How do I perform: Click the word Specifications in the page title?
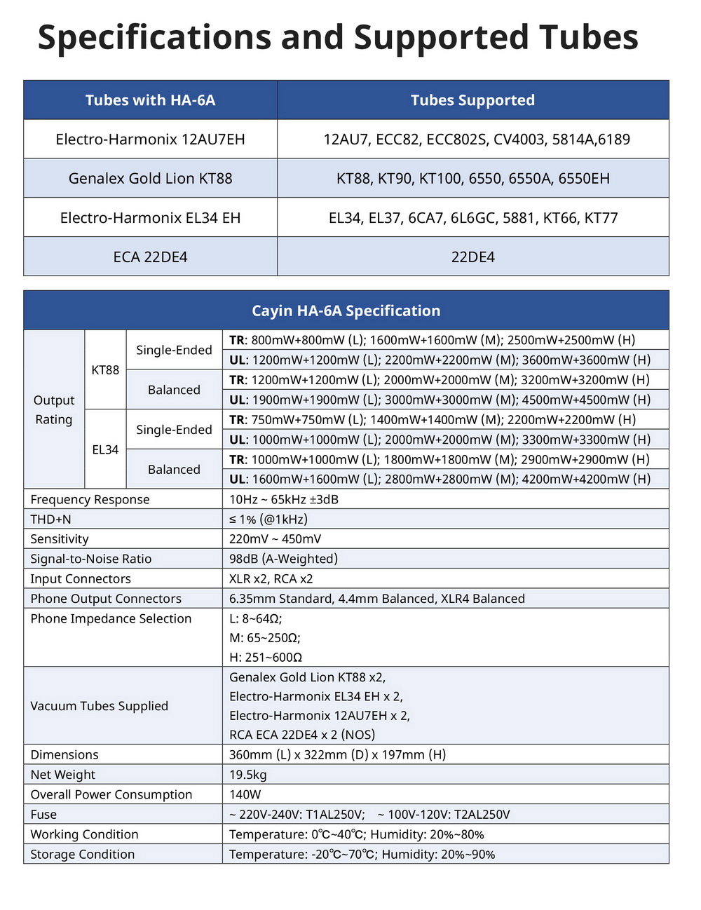(x=154, y=38)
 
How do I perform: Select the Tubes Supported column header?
(x=472, y=100)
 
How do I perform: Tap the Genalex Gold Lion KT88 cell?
(x=150, y=178)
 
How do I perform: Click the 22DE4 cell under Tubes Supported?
(x=472, y=257)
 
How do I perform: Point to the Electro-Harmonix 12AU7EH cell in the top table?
(x=150, y=139)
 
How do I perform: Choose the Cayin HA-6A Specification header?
(x=346, y=311)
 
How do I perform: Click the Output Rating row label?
(x=54, y=409)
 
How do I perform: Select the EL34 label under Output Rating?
(x=105, y=449)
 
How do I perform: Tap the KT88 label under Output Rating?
(x=105, y=369)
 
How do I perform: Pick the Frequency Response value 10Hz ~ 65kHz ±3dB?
(x=284, y=499)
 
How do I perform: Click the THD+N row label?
(x=50, y=519)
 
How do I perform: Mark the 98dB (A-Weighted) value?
(x=283, y=559)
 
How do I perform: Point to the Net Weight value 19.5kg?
(x=248, y=775)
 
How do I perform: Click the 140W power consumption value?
(x=245, y=794)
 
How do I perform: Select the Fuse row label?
(x=43, y=815)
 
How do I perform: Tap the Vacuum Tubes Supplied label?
(x=99, y=706)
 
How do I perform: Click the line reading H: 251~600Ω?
(x=266, y=658)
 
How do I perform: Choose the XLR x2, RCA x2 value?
(x=271, y=578)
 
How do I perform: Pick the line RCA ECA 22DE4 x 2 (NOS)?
(x=302, y=735)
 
